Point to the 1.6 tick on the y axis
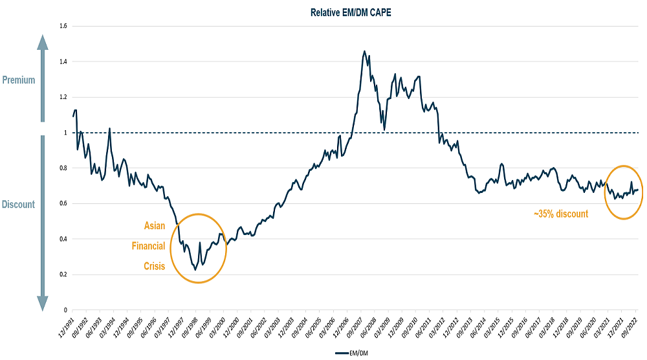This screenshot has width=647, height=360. coord(63,26)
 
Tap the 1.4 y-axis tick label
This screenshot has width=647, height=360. coord(63,62)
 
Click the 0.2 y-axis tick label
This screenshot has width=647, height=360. coord(63,275)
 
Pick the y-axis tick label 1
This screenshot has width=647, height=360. coord(66,133)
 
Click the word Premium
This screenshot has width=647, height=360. coord(19,80)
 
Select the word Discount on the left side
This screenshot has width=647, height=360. coord(19,205)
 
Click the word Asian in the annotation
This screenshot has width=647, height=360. coord(154,226)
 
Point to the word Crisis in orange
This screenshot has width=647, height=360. coord(154,265)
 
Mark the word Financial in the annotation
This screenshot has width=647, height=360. coord(148,246)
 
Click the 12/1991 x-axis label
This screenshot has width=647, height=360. coord(67,328)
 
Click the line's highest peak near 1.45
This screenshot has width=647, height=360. coord(364,51)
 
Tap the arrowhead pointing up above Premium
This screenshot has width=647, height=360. coord(43,42)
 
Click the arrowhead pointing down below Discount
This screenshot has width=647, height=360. coord(43,302)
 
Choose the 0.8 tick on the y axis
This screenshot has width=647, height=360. coord(63,168)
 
